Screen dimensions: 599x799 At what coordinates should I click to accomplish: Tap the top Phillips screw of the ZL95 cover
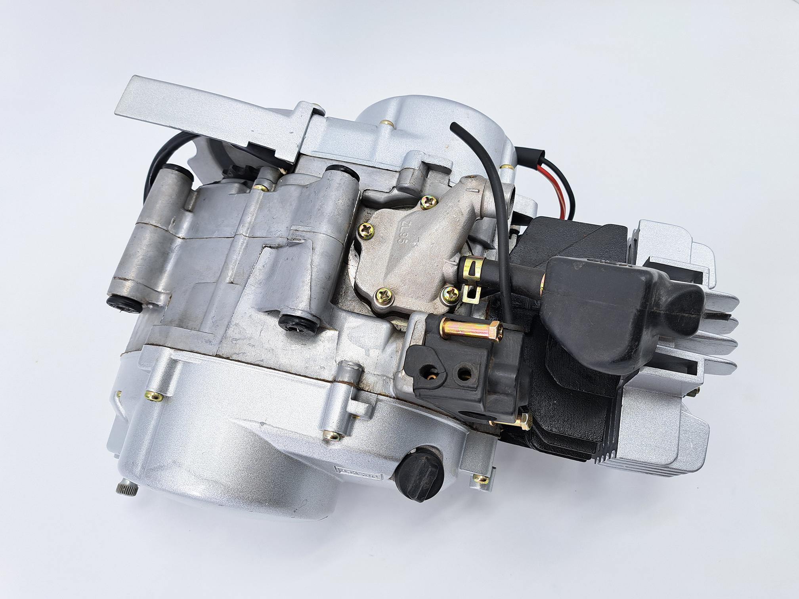tap(428, 203)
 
